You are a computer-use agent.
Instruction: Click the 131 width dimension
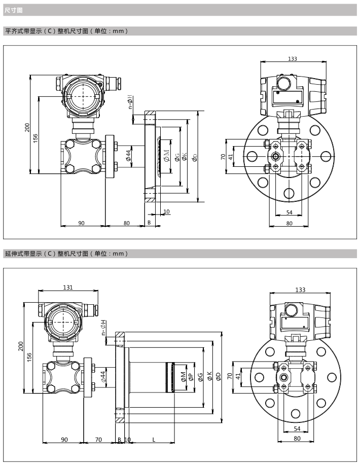pyautogui.click(x=67, y=288)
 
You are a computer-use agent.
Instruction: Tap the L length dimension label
pyautogui.click(x=153, y=439)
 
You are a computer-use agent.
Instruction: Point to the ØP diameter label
pyautogui.click(x=191, y=376)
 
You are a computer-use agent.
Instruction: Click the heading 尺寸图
pyautogui.click(x=10, y=10)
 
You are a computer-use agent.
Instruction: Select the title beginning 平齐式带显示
pyautogui.click(x=66, y=31)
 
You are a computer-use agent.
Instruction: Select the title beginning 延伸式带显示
pyautogui.click(x=66, y=253)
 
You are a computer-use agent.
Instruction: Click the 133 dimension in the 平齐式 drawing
pyautogui.click(x=292, y=59)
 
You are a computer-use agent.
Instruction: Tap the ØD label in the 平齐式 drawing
pyautogui.click(x=196, y=157)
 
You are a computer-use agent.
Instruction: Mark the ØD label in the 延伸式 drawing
pyautogui.click(x=218, y=376)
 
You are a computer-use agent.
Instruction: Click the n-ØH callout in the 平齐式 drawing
pyautogui.click(x=130, y=101)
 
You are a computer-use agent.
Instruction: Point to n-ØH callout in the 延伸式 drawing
pyautogui.click(x=103, y=328)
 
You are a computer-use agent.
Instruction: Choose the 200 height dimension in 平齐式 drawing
pyautogui.click(x=28, y=127)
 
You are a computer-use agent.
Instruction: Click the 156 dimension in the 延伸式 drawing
pyautogui.click(x=29, y=357)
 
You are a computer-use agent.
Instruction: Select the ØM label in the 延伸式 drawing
pyautogui.click(x=184, y=376)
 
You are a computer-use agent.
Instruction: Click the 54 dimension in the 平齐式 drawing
pyautogui.click(x=290, y=212)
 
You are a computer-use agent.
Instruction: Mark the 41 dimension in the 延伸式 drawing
pyautogui.click(x=244, y=376)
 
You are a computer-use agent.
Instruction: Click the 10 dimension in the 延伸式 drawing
pyautogui.click(x=127, y=439)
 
